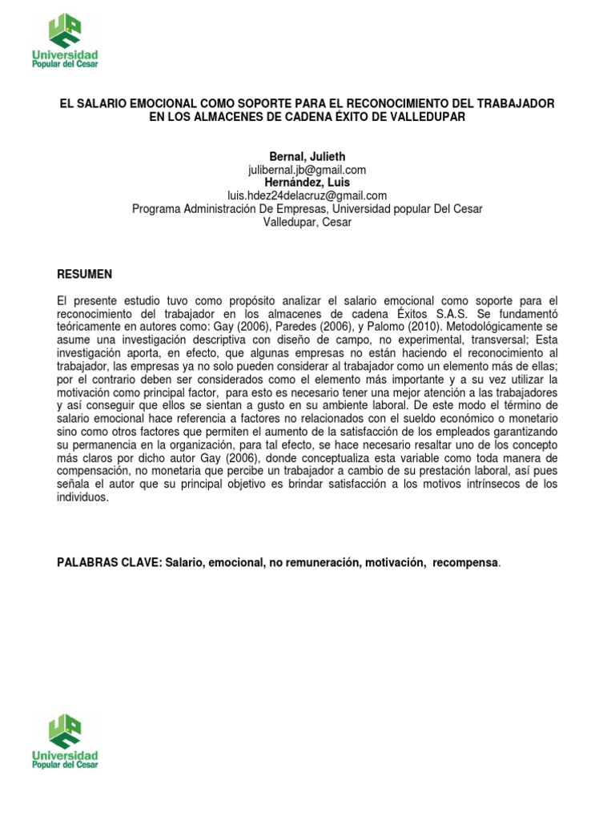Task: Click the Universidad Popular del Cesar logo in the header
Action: [64, 41]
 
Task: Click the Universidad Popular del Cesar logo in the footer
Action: [64, 742]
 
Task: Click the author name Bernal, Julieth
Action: [307, 157]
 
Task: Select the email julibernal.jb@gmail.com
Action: [307, 170]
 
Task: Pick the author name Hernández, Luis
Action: [307, 183]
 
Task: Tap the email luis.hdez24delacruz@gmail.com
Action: [307, 195]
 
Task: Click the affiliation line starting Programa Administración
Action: [307, 209]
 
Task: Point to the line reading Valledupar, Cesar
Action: [307, 222]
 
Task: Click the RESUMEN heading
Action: [84, 275]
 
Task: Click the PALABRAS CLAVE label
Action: [108, 563]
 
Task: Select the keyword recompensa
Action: [465, 563]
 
